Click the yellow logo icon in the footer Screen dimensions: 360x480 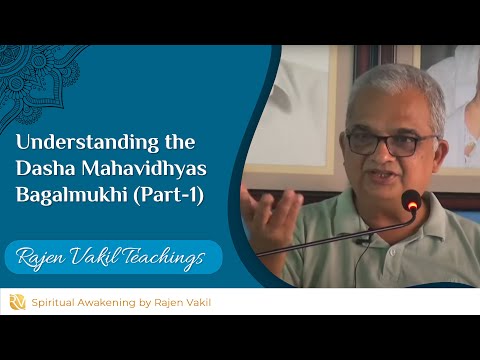17,301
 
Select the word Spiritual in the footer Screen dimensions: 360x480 59,301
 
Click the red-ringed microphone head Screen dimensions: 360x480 411,201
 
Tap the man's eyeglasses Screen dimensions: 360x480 384,143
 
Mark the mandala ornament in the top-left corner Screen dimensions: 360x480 40,70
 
